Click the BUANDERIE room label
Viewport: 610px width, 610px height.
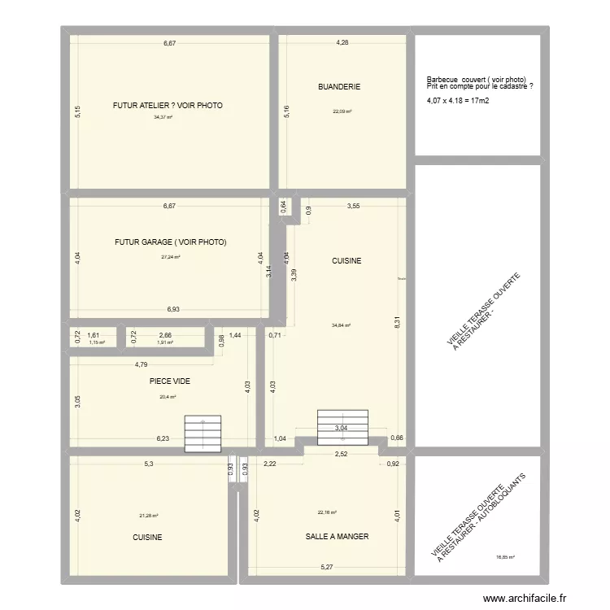coord(339,86)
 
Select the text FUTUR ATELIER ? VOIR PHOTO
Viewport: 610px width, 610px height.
coord(168,106)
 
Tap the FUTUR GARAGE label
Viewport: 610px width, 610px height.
coord(170,242)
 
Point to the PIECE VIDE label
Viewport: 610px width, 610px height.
coord(169,380)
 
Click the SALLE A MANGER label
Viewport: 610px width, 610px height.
coord(337,537)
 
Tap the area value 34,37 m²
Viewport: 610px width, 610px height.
coord(163,117)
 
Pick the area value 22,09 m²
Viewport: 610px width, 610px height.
coord(342,112)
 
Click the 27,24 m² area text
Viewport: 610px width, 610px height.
coord(170,257)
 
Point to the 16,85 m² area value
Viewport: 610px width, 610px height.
coord(505,557)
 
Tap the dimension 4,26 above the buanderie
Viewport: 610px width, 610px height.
coord(343,42)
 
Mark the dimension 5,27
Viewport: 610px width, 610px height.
coord(327,567)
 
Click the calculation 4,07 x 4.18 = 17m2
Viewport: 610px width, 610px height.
coord(457,101)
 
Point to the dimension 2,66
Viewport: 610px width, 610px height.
coord(165,335)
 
